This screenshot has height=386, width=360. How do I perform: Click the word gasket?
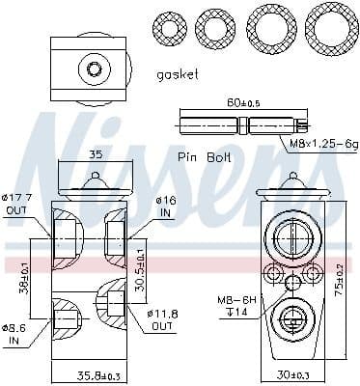(x=177, y=73)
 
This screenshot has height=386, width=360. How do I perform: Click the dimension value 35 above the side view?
(x=94, y=153)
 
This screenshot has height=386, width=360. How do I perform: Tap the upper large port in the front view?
(x=291, y=235)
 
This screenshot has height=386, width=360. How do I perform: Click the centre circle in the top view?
(x=94, y=69)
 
